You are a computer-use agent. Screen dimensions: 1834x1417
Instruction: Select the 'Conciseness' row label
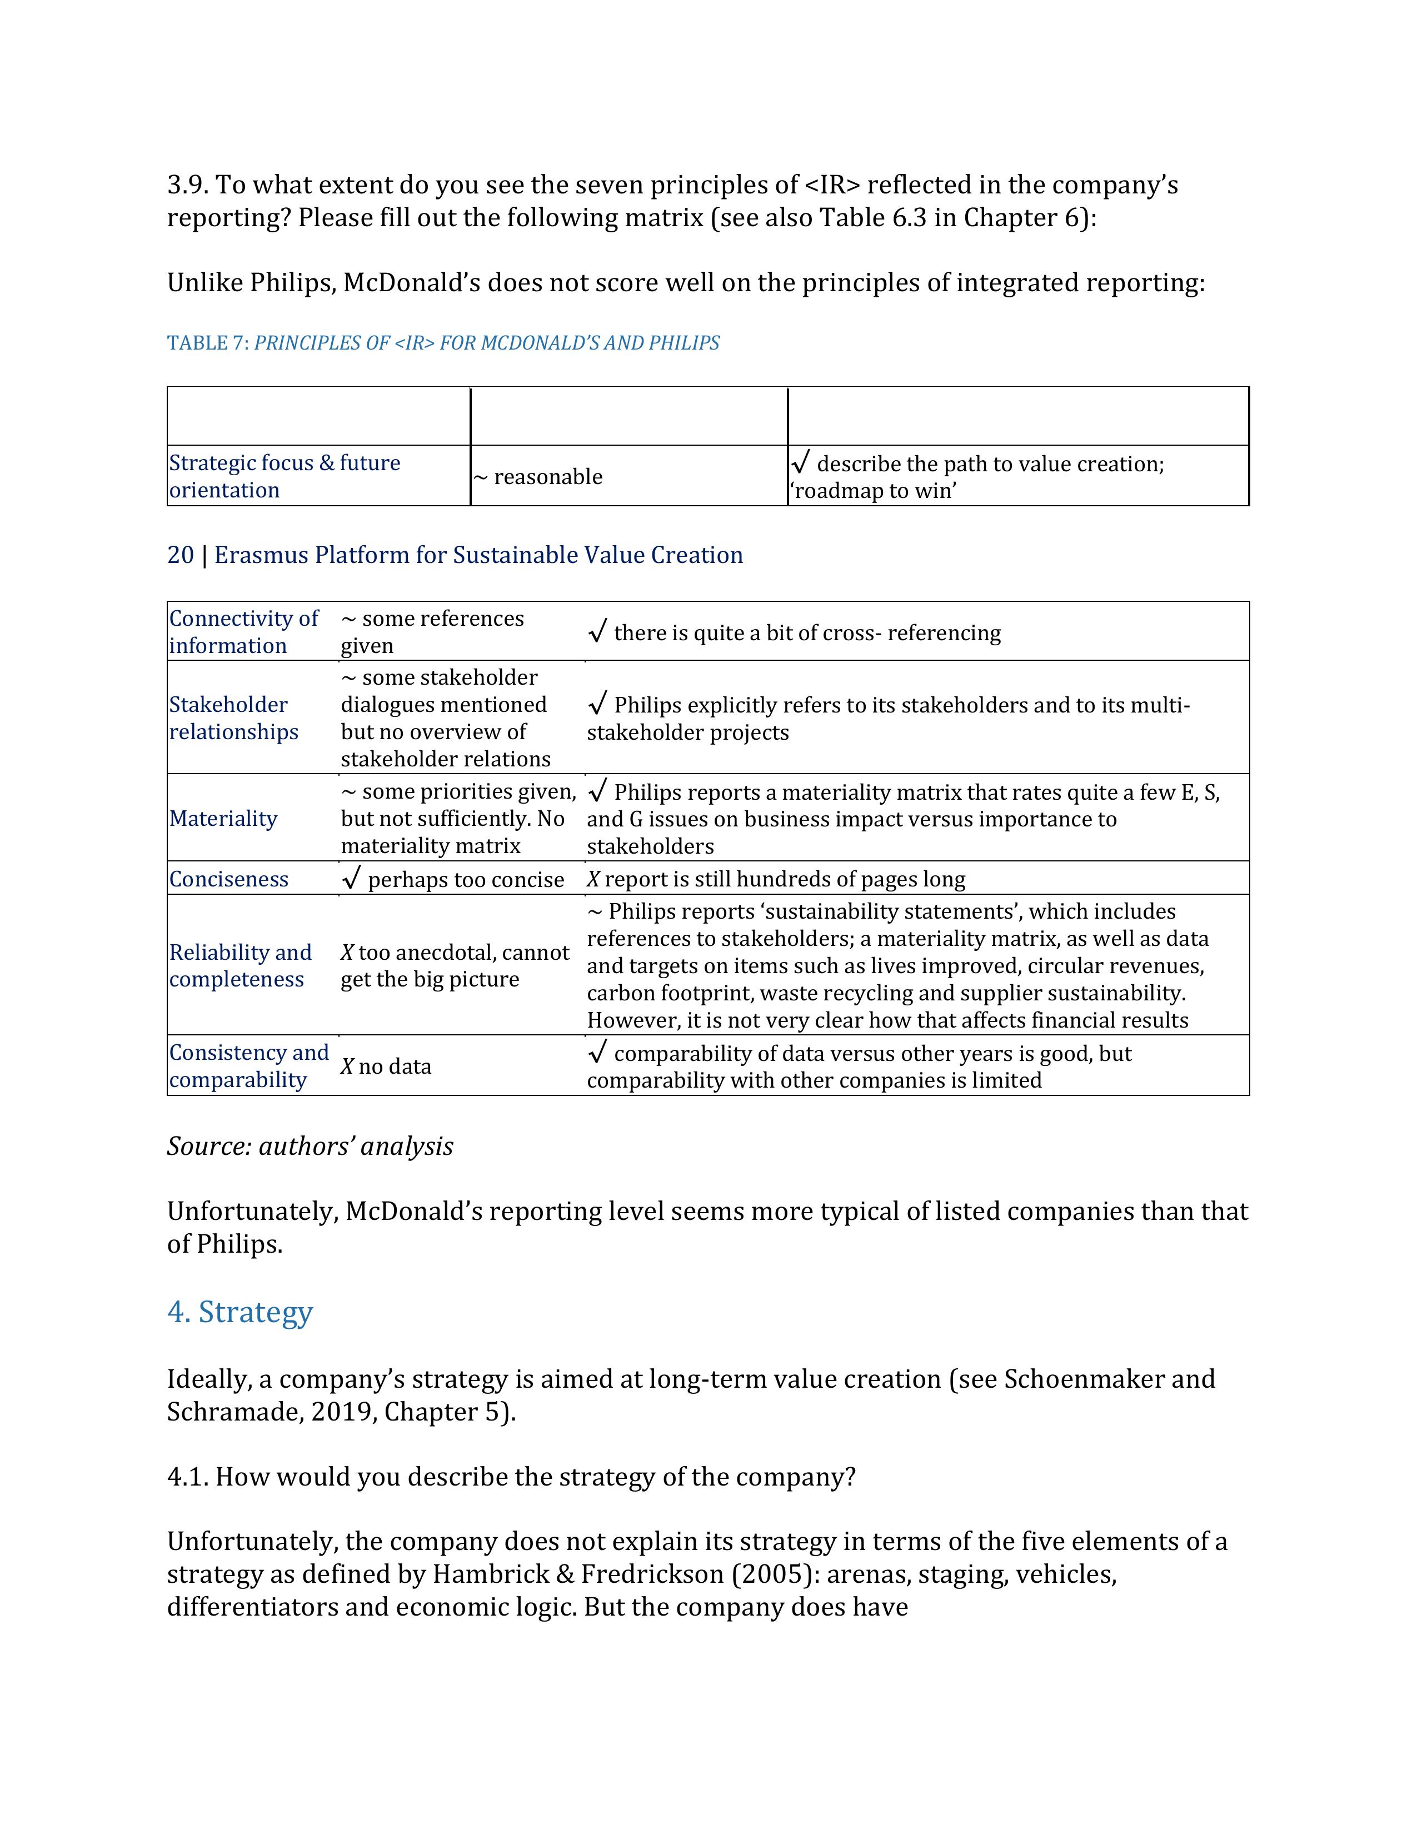pos(228,879)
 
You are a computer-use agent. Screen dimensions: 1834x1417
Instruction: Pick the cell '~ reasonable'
pos(537,477)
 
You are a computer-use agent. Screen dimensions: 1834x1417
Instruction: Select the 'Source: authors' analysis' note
pos(310,1146)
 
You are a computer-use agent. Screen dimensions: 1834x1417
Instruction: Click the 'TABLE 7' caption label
pos(207,343)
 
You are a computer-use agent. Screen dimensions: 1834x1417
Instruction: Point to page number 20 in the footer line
pos(181,555)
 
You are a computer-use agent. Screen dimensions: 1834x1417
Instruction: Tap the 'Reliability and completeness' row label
pos(240,966)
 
